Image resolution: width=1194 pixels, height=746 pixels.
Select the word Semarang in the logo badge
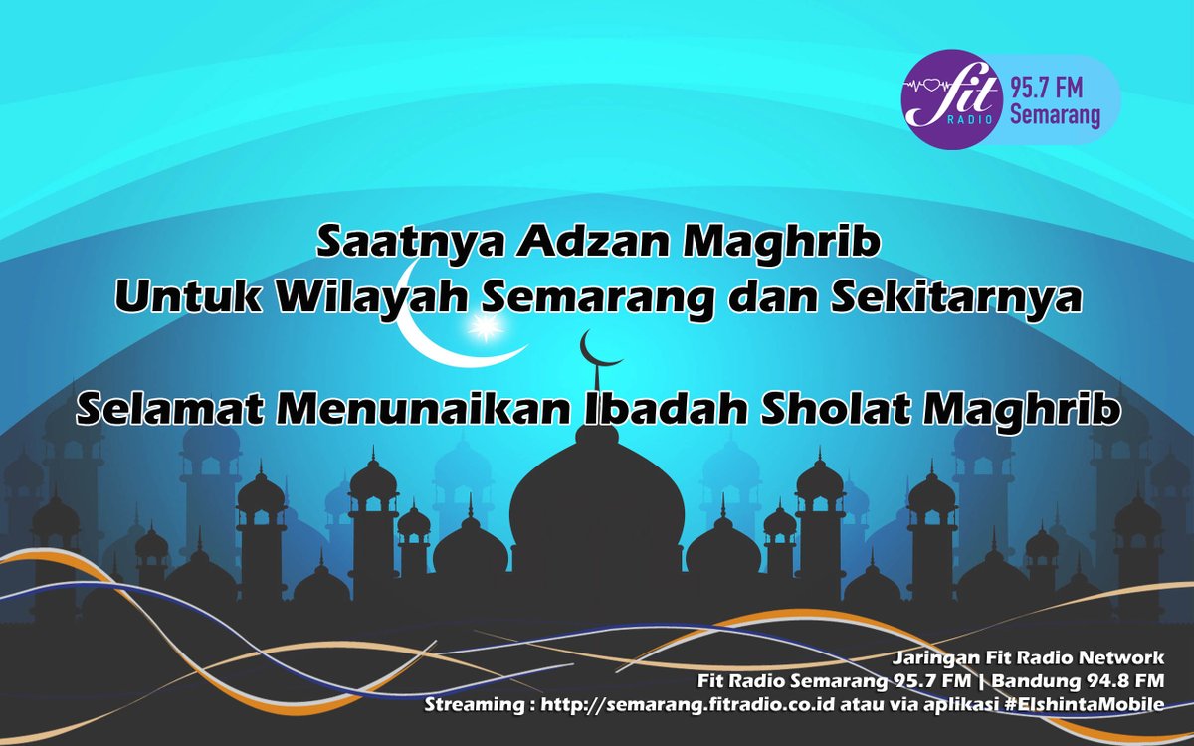(1055, 117)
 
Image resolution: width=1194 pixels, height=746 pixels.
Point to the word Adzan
(551, 241)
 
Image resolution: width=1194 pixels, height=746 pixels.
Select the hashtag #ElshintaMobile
(1074, 706)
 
